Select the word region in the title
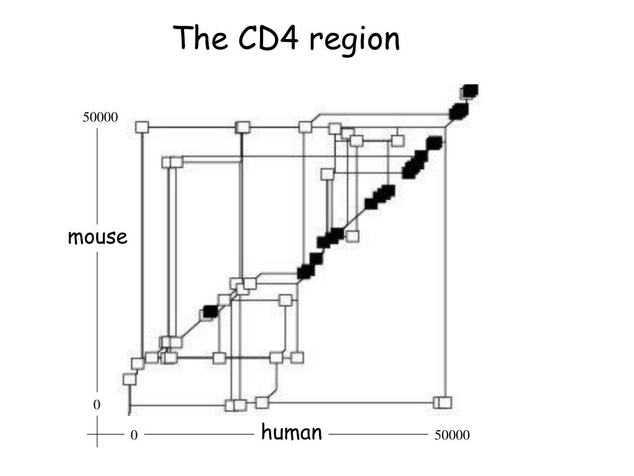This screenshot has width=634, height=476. tap(355, 41)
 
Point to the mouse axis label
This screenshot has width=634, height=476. tap(98, 237)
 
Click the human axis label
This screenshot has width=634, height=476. tap(292, 432)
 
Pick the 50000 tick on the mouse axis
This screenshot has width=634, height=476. tap(100, 118)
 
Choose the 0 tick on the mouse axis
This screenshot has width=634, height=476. tap(97, 405)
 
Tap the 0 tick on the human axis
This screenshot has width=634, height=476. tap(133, 436)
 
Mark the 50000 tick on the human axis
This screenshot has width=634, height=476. tap(452, 436)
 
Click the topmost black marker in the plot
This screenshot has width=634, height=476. tap(471, 90)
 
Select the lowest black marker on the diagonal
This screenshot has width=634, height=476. tap(211, 311)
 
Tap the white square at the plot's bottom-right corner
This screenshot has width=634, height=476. tap(443, 402)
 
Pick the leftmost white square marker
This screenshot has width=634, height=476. tap(129, 379)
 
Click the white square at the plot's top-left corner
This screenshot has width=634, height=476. tap(142, 127)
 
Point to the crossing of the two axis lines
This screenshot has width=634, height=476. tap(98, 435)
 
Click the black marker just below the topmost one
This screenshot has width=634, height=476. tap(459, 112)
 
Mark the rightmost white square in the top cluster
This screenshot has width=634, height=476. tap(398, 140)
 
